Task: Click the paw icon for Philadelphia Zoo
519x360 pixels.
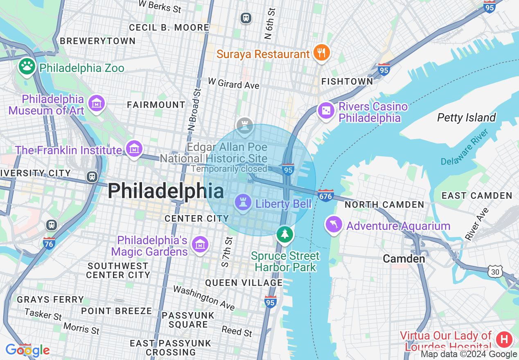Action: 27,67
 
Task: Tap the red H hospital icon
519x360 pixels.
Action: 504,340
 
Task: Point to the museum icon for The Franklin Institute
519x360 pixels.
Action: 134,149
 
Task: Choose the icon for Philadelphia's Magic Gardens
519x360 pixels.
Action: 200,245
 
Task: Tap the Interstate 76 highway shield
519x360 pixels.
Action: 49,243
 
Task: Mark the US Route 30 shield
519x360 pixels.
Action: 495,271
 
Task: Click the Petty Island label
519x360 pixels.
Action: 466,118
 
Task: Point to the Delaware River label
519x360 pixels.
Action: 465,147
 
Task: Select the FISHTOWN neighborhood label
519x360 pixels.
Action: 347,81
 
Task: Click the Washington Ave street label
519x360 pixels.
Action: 203,298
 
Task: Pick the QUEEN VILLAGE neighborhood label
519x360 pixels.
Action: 244,283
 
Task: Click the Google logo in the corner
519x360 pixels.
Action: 28,350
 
